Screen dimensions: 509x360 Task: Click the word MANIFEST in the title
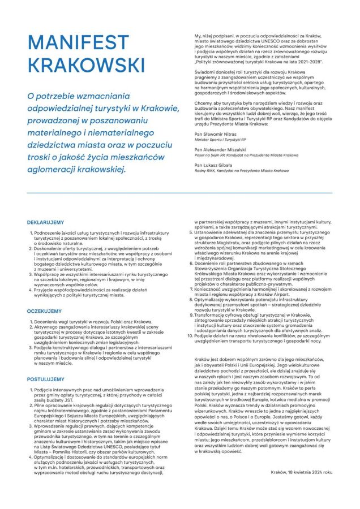coord(78,42)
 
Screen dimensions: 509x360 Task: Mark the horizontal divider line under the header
coord(180,193)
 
